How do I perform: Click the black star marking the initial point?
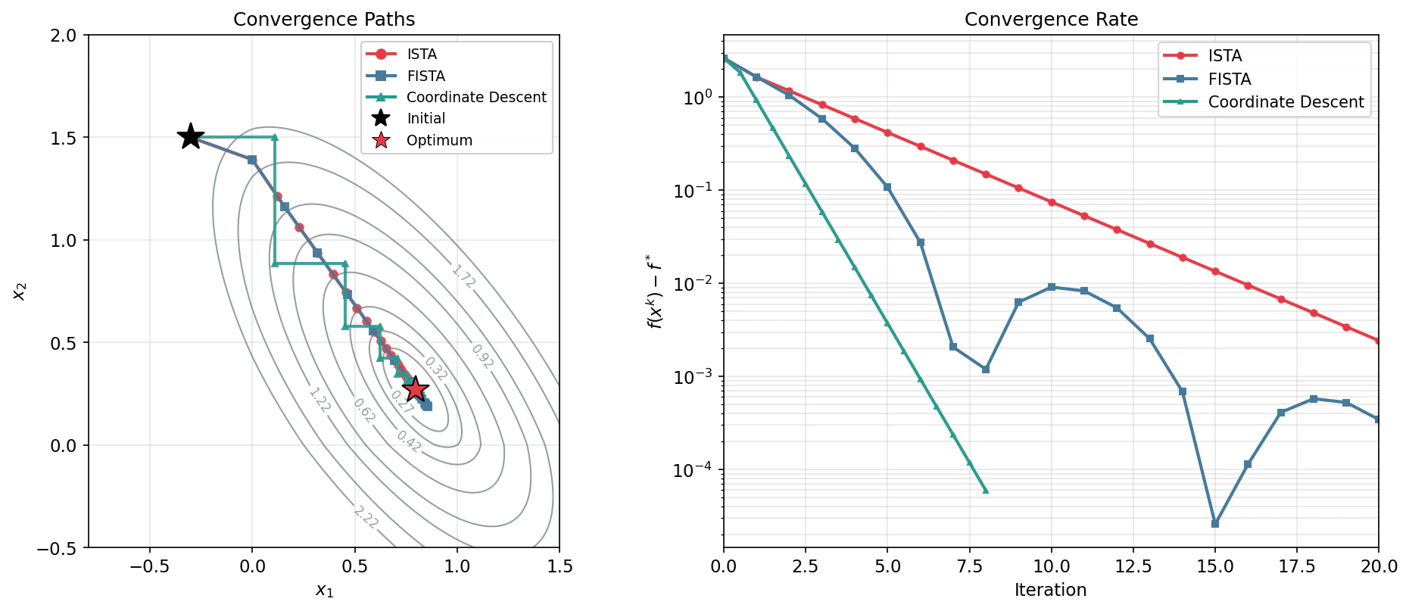pos(191,137)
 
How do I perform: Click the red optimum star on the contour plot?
pos(415,389)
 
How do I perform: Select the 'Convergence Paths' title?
pos(324,20)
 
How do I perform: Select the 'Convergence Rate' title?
pos(1051,20)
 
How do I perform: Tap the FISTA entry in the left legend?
pos(426,76)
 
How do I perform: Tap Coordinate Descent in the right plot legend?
pos(1286,102)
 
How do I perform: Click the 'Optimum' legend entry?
pos(439,140)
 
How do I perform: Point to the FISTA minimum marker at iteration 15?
pos(1215,523)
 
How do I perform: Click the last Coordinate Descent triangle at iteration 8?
pos(986,491)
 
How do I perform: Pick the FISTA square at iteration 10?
pos(1052,287)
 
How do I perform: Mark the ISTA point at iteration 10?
pos(1052,202)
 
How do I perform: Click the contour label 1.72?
pos(463,276)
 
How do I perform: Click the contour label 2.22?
pos(366,517)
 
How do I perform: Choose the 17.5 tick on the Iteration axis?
pos(1297,566)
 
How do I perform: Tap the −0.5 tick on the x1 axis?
pos(149,566)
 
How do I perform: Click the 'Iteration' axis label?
pos(1050,590)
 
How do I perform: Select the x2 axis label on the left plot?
pos(20,291)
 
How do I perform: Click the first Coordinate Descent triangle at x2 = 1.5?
pos(275,137)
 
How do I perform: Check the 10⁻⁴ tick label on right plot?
pos(693,470)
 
